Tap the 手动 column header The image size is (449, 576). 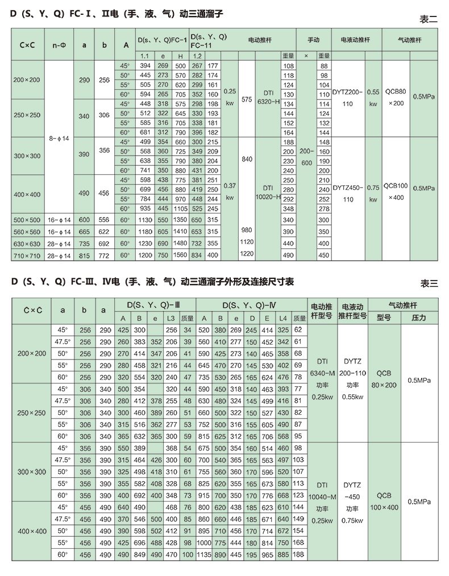[313, 40]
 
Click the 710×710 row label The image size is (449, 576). [27, 256]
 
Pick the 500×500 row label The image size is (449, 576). [27, 220]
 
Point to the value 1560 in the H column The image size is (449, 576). [180, 256]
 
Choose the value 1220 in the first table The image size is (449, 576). [246, 253]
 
